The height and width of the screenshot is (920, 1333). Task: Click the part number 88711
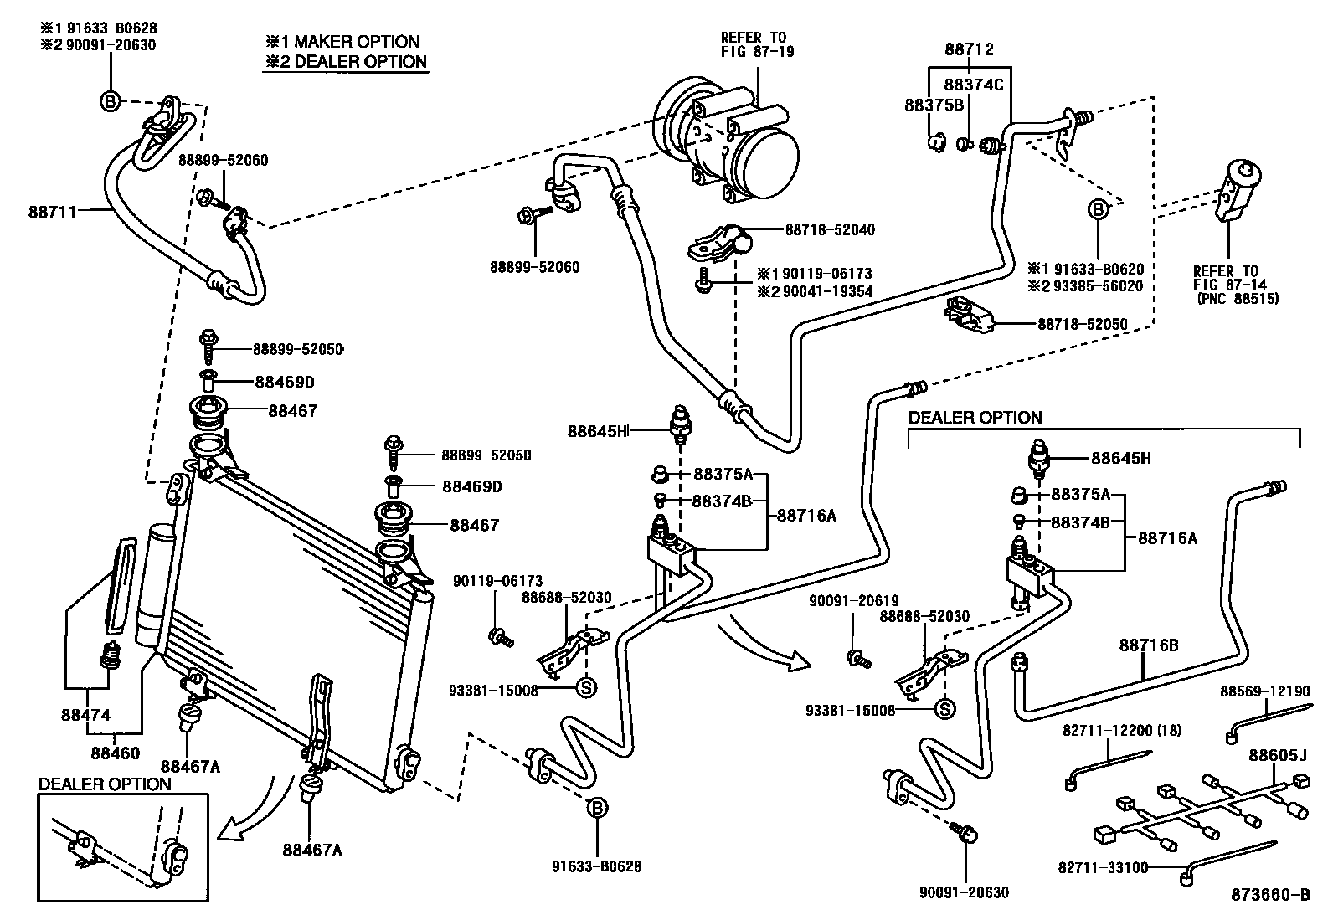click(x=51, y=212)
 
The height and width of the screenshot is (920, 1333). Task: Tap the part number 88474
click(x=85, y=716)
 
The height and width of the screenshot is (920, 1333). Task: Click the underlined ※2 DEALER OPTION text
click(x=346, y=62)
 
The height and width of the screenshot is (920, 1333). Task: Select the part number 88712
click(x=969, y=49)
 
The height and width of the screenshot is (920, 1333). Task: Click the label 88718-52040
click(x=830, y=229)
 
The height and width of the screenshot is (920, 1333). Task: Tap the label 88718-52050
click(x=1083, y=324)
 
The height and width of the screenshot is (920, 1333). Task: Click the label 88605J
click(x=1277, y=756)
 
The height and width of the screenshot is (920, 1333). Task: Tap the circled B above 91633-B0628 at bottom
click(x=597, y=808)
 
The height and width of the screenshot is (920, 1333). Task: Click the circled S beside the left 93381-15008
click(x=586, y=689)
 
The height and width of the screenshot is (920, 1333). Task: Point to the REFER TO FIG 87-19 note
click(x=754, y=44)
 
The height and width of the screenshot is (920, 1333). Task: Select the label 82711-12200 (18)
click(x=1122, y=731)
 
